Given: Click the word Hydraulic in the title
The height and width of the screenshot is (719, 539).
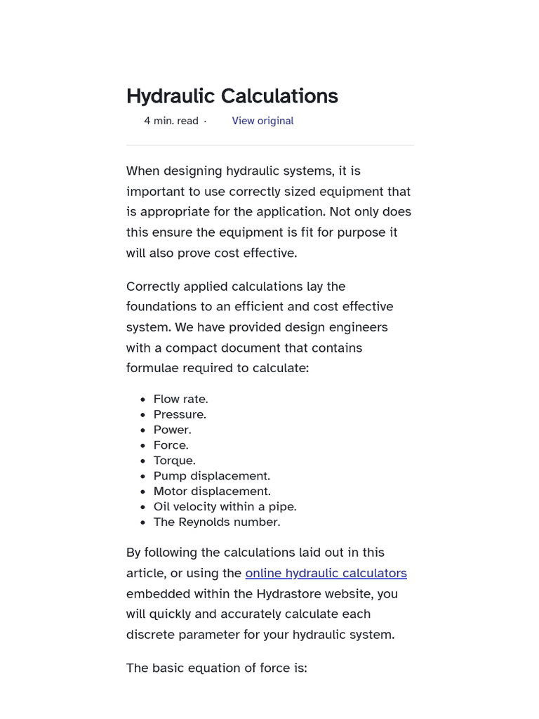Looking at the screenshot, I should (171, 96).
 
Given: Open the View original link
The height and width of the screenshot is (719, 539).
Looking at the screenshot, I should (262, 121).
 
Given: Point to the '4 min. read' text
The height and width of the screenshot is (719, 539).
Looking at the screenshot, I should (171, 121).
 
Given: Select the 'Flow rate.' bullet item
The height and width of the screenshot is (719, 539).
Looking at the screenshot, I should (180, 399).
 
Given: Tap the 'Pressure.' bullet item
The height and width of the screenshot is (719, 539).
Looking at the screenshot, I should (180, 414).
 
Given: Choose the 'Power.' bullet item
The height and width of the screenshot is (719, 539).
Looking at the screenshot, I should (172, 430).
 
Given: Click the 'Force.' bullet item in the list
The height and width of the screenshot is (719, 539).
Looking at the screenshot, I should (171, 445).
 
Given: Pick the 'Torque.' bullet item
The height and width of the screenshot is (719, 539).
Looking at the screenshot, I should (174, 461).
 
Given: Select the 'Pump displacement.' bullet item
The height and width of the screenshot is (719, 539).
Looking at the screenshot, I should (211, 476).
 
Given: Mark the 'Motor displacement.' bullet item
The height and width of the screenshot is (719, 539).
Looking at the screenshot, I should (212, 492).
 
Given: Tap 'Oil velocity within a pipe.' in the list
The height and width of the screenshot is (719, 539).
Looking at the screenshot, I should (225, 507).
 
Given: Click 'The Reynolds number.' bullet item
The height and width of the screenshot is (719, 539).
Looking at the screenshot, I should (216, 522).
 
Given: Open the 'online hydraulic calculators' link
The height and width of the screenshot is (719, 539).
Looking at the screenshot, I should (326, 573).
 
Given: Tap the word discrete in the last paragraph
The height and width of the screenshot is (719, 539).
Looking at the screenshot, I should (149, 635).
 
